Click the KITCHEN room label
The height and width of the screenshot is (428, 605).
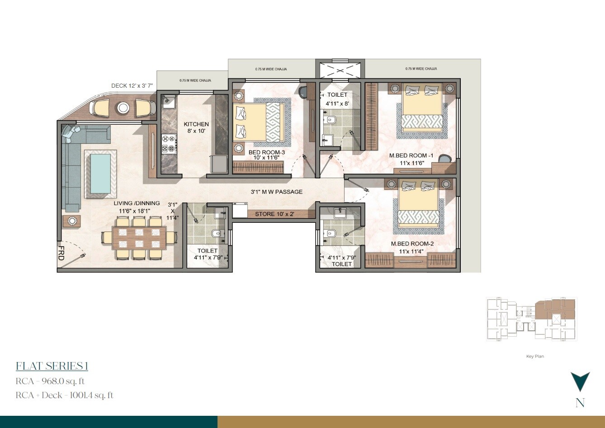196,124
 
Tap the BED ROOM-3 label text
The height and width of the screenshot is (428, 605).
267,153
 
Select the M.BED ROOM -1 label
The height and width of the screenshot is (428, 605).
411,156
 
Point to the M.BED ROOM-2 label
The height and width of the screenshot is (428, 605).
412,244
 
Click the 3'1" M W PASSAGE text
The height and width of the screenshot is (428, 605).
277,192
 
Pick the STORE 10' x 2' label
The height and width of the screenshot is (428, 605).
274,214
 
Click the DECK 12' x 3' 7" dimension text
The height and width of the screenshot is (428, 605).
132,85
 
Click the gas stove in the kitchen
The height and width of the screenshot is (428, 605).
168,144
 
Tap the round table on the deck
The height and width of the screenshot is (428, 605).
123,108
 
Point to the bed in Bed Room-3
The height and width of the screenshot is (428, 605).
257,122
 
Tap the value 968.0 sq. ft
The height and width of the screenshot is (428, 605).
62,381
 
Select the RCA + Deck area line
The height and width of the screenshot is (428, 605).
64,395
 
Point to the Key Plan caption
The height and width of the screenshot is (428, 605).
535,356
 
